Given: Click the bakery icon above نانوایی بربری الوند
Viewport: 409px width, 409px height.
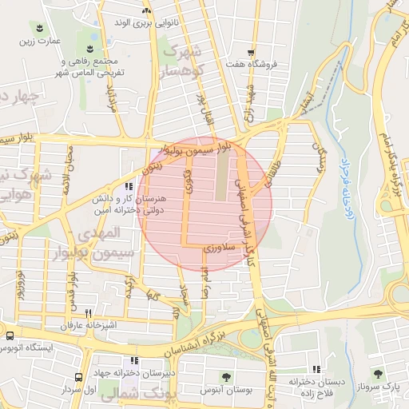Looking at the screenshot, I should coord(145,11).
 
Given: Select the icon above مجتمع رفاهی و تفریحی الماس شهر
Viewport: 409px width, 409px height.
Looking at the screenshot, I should coord(89,50).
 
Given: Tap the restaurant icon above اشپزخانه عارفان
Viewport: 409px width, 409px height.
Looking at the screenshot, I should coord(89,313).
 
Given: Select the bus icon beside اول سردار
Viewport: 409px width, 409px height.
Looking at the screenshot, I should coord(79,376).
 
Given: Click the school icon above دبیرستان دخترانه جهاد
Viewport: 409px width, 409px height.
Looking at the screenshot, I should coord(134,360).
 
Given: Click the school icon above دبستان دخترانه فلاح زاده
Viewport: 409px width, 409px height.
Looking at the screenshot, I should coord(316,369).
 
